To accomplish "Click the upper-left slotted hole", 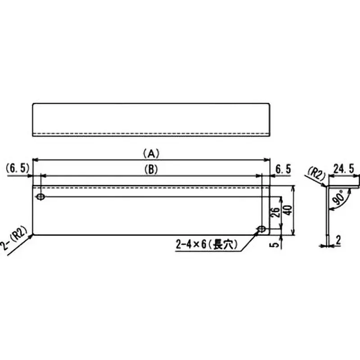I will (41, 197).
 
